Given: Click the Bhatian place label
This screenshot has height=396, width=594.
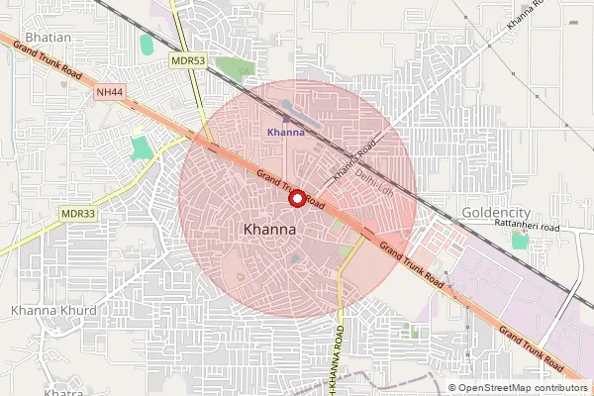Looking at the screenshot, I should (x=47, y=37).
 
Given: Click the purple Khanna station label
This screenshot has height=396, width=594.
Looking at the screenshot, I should (x=286, y=133).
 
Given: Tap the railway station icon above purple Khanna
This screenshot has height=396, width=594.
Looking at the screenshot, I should (x=286, y=119).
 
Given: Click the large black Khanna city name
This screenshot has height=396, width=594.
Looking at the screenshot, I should (x=269, y=230).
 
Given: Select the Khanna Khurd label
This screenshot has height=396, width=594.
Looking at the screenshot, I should (x=53, y=310).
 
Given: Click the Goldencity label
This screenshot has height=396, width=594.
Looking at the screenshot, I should (x=496, y=213).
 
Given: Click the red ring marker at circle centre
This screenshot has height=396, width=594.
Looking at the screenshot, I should (x=296, y=198).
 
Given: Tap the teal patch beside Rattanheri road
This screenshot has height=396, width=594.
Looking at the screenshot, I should (x=519, y=240).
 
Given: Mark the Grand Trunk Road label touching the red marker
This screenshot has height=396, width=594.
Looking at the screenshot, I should (x=290, y=187).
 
